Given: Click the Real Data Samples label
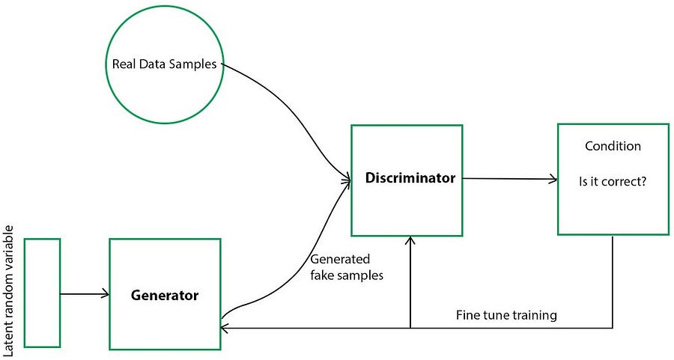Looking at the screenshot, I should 164,64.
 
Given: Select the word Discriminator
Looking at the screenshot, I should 410,179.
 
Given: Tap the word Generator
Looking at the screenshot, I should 165,295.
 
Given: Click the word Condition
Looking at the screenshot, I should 613,146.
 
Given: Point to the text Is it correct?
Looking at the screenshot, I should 613,180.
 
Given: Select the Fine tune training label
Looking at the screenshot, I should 506,315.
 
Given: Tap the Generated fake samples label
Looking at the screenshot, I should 346,267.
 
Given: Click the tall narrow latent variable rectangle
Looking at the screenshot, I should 42,293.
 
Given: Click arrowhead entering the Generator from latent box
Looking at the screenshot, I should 105,294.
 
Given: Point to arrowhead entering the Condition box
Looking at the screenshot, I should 553,179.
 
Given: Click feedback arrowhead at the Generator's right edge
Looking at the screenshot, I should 225,328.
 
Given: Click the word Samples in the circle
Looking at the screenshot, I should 195,64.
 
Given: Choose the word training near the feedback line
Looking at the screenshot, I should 533,315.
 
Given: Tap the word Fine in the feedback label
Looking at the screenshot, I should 467,315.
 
